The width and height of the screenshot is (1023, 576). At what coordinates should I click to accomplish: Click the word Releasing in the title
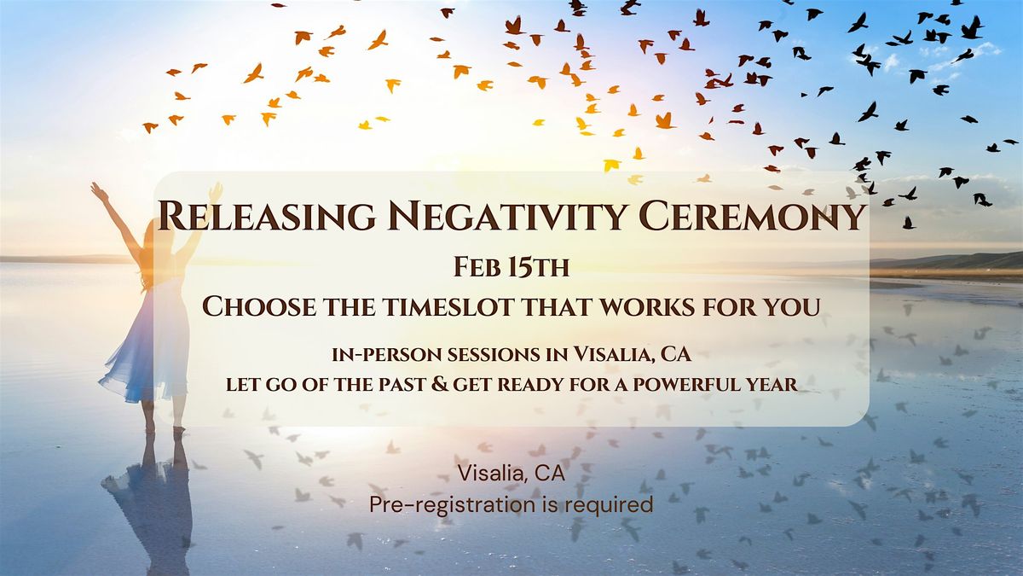pos(267,215)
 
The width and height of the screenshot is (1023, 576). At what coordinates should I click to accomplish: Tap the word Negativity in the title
pos(507,215)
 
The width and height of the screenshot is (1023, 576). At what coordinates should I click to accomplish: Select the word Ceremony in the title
pos(753,215)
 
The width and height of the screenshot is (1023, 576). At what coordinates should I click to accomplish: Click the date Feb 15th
pos(511,267)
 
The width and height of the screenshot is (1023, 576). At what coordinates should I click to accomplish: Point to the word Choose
pos(259,306)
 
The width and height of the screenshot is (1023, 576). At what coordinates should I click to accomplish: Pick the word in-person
pos(387,355)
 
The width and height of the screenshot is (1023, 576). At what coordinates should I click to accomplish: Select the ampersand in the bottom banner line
pos(439,384)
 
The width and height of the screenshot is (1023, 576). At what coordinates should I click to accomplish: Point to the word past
pos(402,385)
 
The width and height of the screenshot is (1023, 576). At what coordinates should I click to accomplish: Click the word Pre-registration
pos(452,504)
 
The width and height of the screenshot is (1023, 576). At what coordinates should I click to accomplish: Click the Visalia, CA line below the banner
pos(511,473)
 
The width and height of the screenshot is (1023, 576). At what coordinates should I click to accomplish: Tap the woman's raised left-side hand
pos(97,191)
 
